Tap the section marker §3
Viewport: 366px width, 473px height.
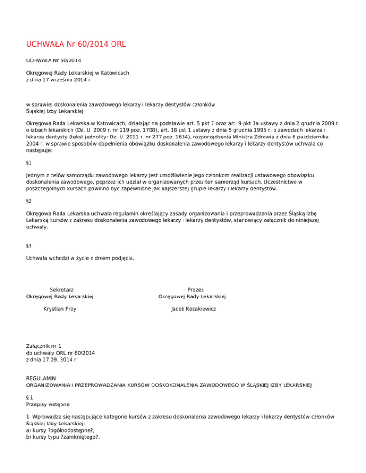(29, 246)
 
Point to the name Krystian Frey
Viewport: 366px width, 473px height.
(60, 309)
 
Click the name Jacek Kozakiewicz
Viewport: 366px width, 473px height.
(193, 309)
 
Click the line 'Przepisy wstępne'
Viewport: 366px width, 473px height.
(48, 404)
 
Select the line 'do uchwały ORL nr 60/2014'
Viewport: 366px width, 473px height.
(61, 352)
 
